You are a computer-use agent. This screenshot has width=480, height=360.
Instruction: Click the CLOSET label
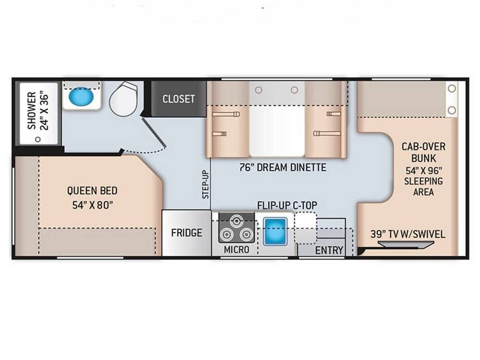coord(179,99)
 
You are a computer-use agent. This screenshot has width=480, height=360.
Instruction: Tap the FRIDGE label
coord(186,233)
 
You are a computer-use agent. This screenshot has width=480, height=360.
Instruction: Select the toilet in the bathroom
coord(124,98)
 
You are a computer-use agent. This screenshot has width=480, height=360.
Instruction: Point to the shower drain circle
coord(38,139)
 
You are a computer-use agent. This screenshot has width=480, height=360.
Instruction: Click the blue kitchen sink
coord(275,231)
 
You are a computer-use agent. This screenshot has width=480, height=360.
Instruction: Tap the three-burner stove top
coord(236,228)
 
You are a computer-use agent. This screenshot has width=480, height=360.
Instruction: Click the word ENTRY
coord(329,250)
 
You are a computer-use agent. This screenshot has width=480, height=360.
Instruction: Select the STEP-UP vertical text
coord(205,184)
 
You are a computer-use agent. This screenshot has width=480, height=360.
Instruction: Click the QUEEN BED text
coord(92,191)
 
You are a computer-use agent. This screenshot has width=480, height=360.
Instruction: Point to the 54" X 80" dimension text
coord(93,205)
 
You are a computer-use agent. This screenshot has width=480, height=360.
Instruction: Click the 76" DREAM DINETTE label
coord(283,168)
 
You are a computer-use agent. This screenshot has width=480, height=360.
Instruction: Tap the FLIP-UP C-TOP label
coord(287,205)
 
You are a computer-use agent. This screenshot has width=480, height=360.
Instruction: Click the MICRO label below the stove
coord(236,250)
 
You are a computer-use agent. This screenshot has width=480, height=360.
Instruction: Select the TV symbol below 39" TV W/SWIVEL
coord(406,244)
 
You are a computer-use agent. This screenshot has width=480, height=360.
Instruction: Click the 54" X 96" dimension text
coord(424,170)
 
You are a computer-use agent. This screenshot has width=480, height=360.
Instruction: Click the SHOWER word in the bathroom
coord(32,110)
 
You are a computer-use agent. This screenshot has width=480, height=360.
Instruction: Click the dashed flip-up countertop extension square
coord(305,228)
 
